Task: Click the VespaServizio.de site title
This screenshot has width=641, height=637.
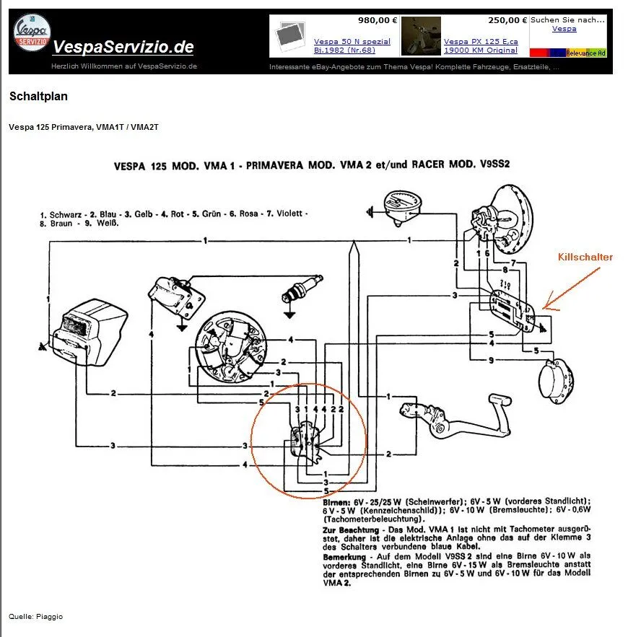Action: coord(123,48)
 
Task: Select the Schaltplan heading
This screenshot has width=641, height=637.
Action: coord(38,96)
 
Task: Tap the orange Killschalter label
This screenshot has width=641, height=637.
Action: coord(585,257)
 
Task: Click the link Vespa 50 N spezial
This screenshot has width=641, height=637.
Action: coord(352,42)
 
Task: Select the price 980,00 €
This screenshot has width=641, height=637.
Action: coord(374,20)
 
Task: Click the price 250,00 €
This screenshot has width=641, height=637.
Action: coord(507,20)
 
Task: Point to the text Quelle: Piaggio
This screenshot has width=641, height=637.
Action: coord(35,616)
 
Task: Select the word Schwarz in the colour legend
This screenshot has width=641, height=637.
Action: coord(66,215)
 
